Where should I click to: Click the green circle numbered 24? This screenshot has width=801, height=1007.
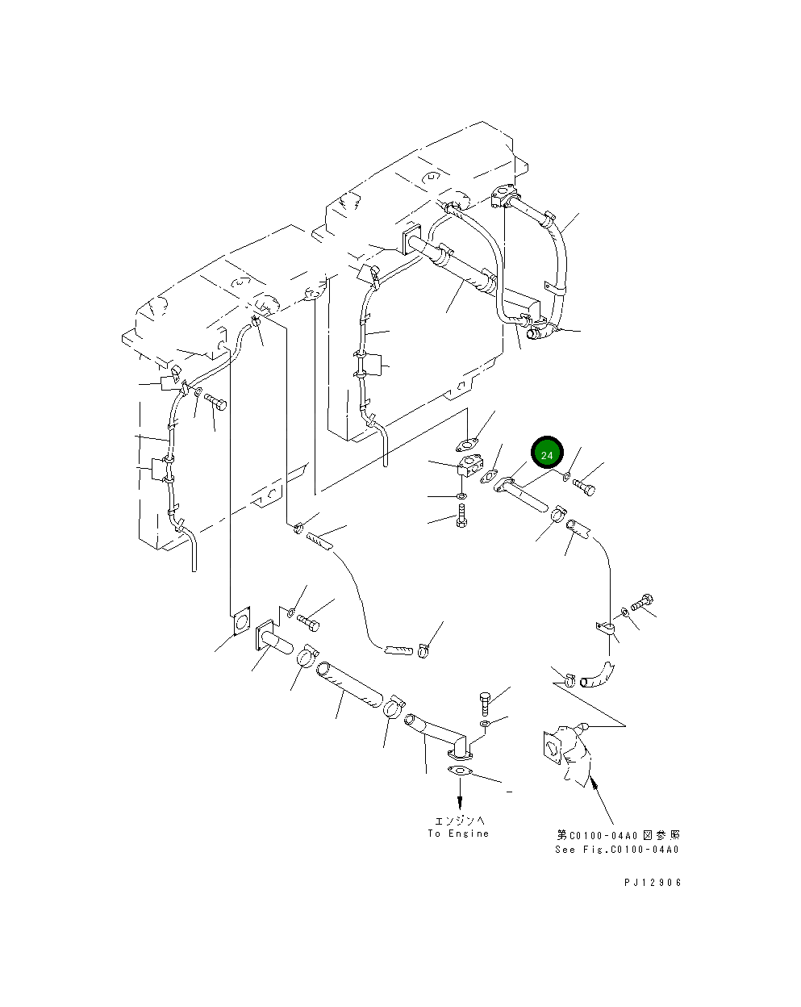546,453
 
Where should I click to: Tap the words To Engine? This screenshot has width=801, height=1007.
458,834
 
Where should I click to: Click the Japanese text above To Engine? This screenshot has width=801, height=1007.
460,821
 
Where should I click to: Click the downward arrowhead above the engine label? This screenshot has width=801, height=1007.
461,803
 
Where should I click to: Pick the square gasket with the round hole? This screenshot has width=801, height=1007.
241,622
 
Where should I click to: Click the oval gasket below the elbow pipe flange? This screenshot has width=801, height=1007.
461,771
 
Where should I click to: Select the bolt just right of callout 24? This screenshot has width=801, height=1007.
584,487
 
